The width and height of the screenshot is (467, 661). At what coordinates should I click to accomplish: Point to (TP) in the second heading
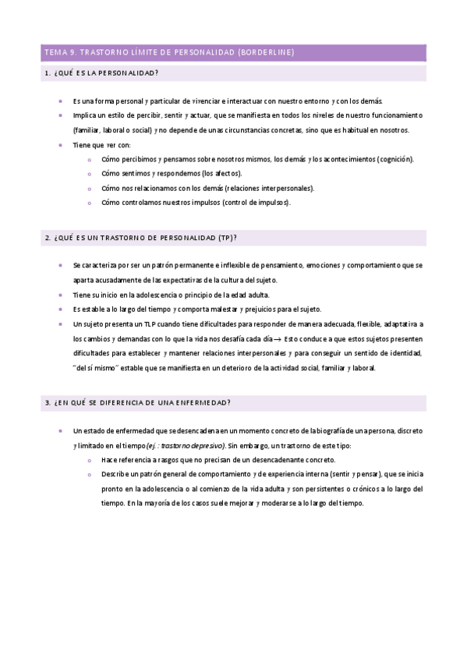tap(228, 237)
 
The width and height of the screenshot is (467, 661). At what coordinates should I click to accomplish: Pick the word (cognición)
tap(395, 159)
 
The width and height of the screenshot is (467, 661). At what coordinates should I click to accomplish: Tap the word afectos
tap(227, 173)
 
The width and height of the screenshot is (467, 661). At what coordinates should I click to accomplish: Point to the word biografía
tap(320, 430)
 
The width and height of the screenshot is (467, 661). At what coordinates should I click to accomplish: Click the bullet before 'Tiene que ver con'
tap(61, 144)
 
